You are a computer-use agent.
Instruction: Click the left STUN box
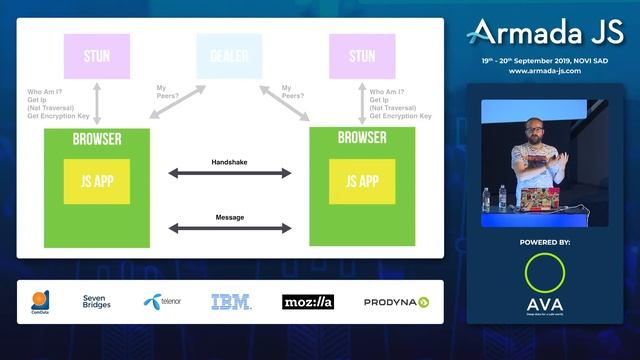click(97, 55)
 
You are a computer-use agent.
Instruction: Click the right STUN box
click(362, 55)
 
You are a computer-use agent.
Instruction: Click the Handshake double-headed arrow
click(229, 174)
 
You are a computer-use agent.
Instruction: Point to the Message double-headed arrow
click(229, 229)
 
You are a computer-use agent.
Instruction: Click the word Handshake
click(229, 161)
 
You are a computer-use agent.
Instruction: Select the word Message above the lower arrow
click(229, 217)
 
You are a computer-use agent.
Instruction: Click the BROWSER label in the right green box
click(361, 137)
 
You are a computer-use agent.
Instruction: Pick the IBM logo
click(230, 301)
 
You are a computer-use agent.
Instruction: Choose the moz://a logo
click(307, 301)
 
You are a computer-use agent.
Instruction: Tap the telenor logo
click(163, 301)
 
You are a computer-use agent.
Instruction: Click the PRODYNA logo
click(396, 301)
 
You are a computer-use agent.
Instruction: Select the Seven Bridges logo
click(97, 301)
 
